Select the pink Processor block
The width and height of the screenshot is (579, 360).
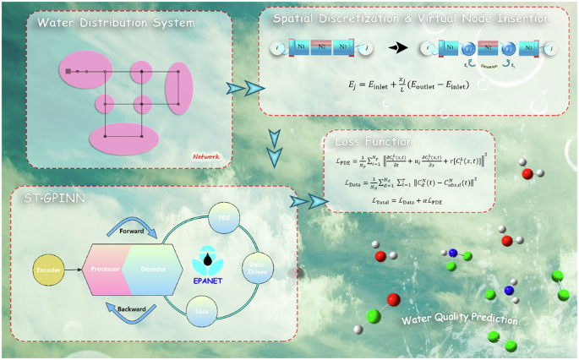[105, 269]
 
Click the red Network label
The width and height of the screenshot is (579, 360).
[205, 155]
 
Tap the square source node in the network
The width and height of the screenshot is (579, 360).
[68, 72]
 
